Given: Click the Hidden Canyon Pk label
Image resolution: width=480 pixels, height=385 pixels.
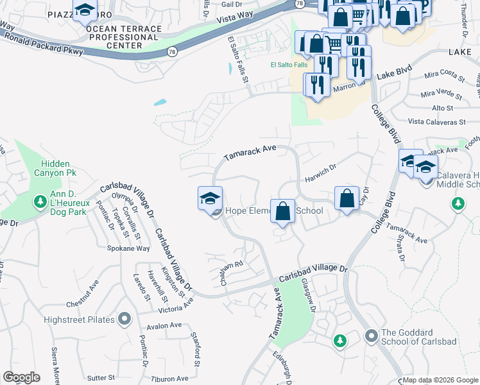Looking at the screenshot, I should click(x=59, y=168).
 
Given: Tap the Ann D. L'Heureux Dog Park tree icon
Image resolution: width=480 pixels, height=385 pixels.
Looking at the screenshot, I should click(x=40, y=203).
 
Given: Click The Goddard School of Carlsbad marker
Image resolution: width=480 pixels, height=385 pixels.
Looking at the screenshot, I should click(x=370, y=336).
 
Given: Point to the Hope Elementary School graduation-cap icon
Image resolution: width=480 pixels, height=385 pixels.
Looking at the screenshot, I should click(x=210, y=199).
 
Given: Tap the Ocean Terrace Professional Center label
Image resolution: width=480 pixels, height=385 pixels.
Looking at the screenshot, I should click(x=114, y=37).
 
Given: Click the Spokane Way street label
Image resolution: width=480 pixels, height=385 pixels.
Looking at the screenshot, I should click(x=128, y=248).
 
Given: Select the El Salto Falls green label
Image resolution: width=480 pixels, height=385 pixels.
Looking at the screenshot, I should click(x=288, y=65).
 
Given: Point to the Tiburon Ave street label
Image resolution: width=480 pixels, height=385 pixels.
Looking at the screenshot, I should click(x=169, y=378).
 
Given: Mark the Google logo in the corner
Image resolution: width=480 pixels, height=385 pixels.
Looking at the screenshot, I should click(x=21, y=377).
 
